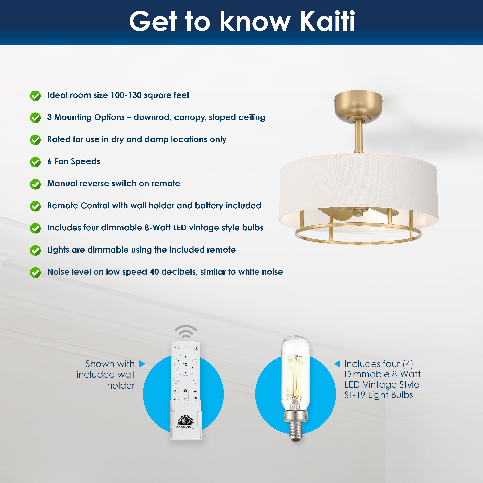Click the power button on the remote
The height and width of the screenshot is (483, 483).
pyautogui.click(x=195, y=348)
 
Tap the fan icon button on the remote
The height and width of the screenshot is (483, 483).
pyautogui.click(x=176, y=348)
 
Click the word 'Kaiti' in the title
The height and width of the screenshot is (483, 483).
pyautogui.click(x=327, y=21)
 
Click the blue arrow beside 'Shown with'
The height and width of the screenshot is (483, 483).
pyautogui.click(x=142, y=364)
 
